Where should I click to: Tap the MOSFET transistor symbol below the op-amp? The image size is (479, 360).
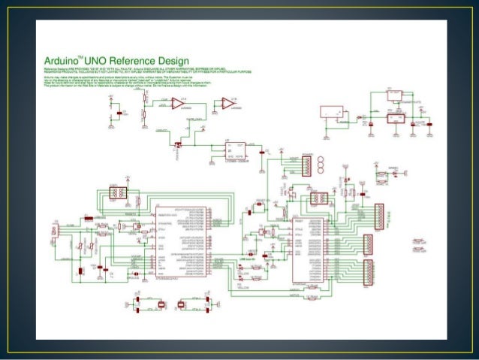(179, 144)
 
